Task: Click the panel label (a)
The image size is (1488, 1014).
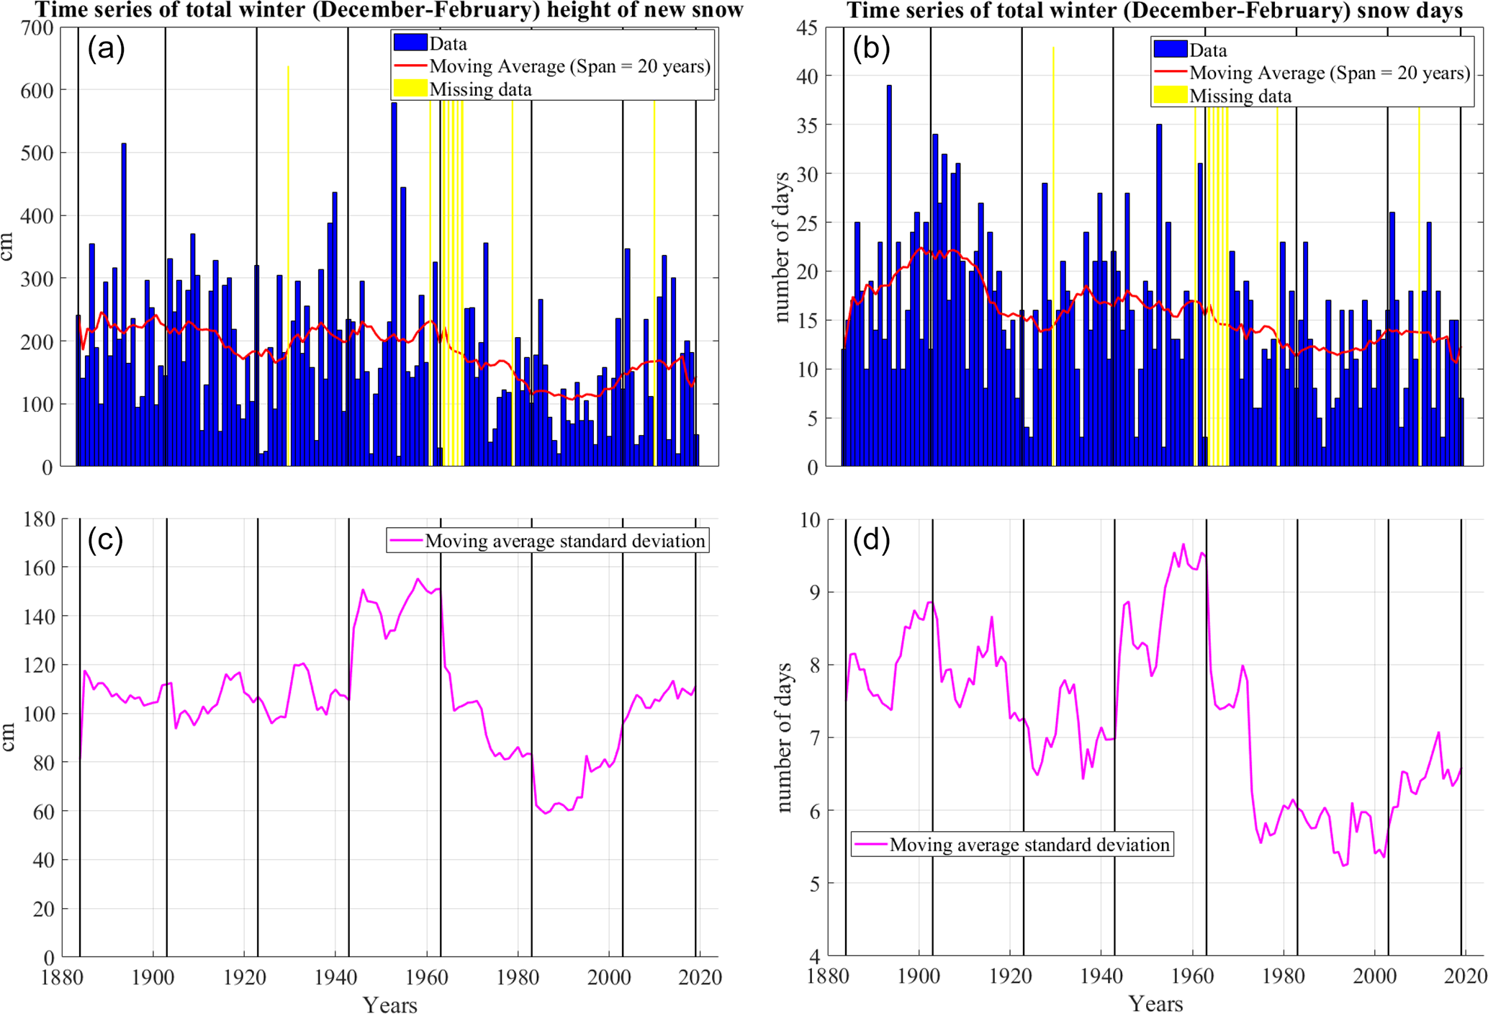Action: point(106,49)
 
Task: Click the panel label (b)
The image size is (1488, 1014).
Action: point(871,49)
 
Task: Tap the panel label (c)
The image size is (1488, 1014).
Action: point(105,539)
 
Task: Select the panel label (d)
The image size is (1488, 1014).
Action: point(871,539)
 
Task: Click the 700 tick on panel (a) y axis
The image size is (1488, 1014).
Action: point(37,28)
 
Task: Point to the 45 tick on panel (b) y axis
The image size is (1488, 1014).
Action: point(806,28)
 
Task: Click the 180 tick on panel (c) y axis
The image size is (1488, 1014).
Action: point(37,519)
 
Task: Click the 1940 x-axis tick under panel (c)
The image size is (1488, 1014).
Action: point(335,977)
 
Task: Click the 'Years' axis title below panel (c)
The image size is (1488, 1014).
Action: point(389,1004)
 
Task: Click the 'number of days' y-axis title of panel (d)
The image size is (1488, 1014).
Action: point(784,738)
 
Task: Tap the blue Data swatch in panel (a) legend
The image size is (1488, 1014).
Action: point(410,42)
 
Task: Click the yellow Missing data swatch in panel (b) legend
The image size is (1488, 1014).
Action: point(1171,95)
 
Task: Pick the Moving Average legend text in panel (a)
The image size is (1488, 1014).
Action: point(569,66)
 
